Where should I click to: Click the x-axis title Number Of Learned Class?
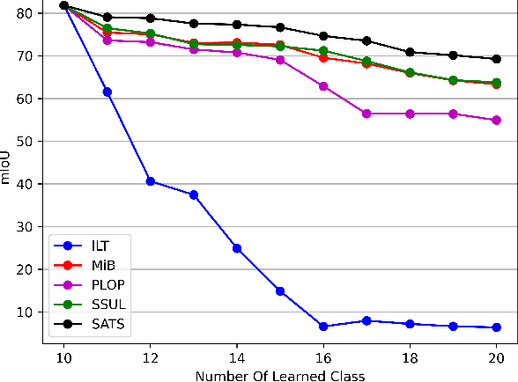tap(279, 374)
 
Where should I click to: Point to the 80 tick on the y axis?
tap(25, 13)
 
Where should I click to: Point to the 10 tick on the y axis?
tap(25, 312)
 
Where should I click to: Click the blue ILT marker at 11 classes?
tap(107, 92)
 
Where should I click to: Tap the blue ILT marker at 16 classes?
tap(323, 327)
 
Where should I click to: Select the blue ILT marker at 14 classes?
tap(237, 248)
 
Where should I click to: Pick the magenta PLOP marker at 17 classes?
tap(366, 114)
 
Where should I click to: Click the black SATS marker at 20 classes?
tap(496, 59)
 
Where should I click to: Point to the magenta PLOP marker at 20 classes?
tap(496, 120)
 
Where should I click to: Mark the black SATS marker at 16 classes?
tap(323, 36)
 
